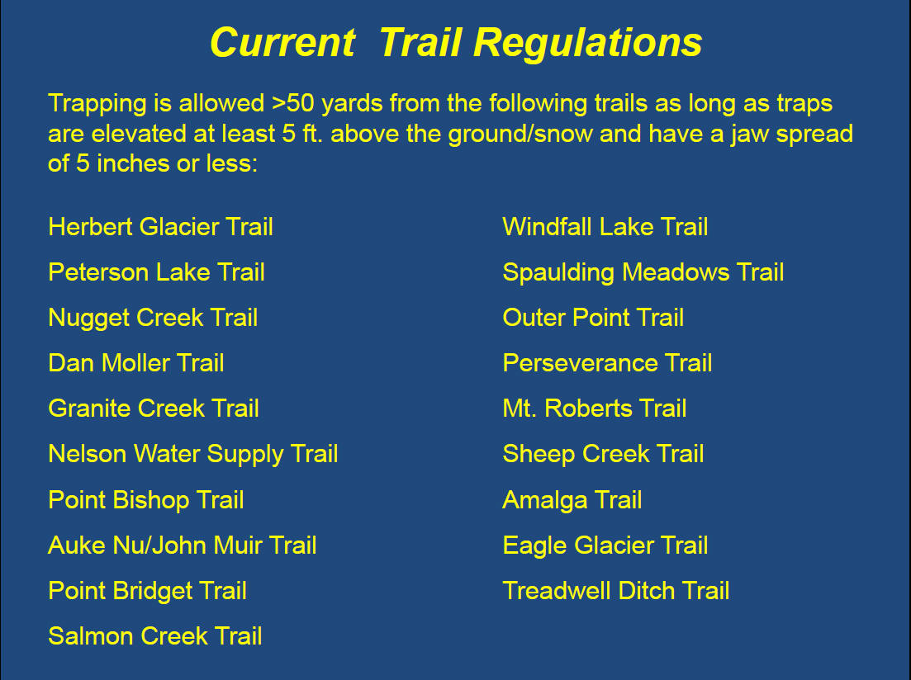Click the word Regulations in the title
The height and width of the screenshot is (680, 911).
587,44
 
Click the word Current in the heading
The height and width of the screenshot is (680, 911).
282,42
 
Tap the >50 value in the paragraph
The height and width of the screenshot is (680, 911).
293,103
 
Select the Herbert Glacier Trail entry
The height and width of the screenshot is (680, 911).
160,227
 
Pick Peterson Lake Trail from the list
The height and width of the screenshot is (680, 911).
156,272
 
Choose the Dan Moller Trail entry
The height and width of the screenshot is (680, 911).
136,363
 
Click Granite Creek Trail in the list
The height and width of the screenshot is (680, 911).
154,408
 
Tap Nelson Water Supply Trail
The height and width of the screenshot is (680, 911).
193,455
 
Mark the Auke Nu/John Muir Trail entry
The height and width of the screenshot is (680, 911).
183,545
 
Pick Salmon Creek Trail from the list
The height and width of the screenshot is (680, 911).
155,636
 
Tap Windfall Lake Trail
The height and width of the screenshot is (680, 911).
605,227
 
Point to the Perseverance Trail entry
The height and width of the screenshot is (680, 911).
607,363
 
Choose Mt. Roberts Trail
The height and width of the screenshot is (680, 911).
595,408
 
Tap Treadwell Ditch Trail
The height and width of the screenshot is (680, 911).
616,591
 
